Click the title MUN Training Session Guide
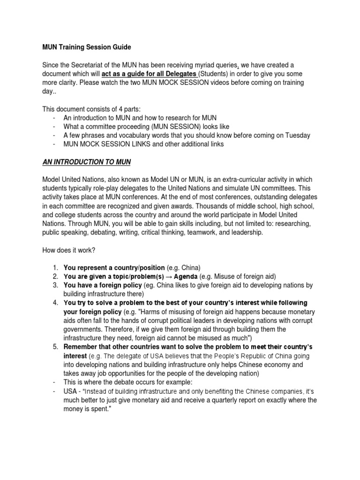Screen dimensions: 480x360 87,47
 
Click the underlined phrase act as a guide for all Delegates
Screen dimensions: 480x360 149,74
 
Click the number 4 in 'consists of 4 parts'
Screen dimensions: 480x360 122,109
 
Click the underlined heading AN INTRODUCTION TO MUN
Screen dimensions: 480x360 87,162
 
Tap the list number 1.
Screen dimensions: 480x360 55,268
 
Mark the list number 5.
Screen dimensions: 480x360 55,347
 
